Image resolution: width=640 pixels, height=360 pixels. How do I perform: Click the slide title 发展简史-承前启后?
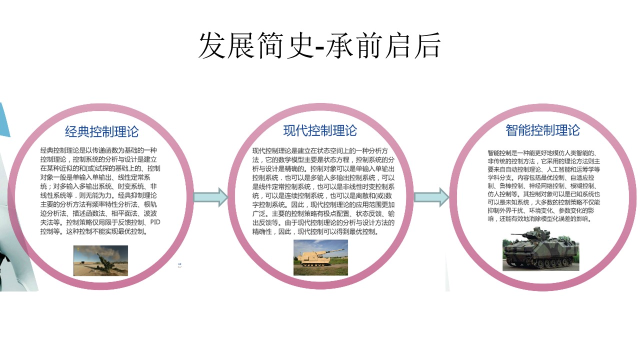(x=319, y=46)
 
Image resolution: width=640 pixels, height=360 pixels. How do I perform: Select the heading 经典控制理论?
(x=101, y=131)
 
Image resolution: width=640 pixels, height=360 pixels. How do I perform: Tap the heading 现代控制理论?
(x=320, y=130)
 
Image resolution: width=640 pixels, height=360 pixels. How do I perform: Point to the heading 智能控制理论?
(x=542, y=130)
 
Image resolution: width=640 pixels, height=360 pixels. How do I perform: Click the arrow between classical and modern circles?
(x=210, y=196)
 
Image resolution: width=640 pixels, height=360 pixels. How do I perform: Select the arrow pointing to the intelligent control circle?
(x=431, y=196)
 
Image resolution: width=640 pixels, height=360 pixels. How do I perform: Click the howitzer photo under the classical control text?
(x=100, y=260)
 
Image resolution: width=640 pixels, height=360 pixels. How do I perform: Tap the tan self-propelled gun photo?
(x=320, y=257)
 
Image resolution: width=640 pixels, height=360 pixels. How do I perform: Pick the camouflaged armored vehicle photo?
(x=540, y=254)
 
